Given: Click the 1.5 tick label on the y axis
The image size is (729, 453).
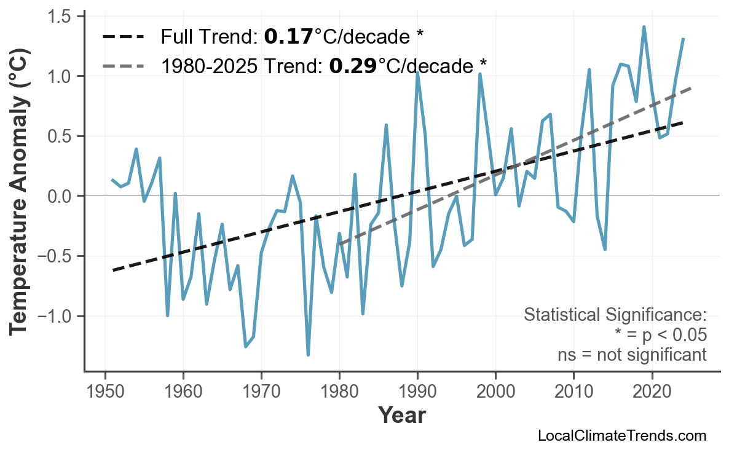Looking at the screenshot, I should click(x=60, y=16).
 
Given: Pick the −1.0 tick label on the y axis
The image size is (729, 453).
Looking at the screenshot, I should click(x=56, y=316).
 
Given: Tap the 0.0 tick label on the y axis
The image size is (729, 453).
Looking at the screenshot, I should click(x=60, y=196).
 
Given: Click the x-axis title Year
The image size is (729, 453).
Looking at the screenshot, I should click(x=401, y=416).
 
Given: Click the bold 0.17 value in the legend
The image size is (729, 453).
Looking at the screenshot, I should click(x=288, y=37).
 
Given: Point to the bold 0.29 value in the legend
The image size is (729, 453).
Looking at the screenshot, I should click(x=353, y=65).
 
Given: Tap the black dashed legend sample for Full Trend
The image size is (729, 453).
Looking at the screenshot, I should click(x=123, y=37).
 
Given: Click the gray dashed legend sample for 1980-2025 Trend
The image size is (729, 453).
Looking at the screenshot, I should click(x=123, y=65).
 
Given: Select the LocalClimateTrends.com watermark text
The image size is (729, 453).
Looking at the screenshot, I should click(x=621, y=436).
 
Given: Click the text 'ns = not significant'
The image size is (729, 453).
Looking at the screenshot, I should click(x=632, y=355).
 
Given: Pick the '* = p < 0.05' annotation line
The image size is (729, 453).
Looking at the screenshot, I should click(x=660, y=335).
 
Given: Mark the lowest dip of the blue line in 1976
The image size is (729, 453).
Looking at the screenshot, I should click(x=308, y=355).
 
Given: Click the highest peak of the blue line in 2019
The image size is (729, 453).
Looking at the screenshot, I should click(x=644, y=26).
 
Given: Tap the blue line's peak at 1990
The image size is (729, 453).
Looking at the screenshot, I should click(x=417, y=72).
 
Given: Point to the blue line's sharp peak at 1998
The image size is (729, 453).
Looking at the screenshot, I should click(x=480, y=74).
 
